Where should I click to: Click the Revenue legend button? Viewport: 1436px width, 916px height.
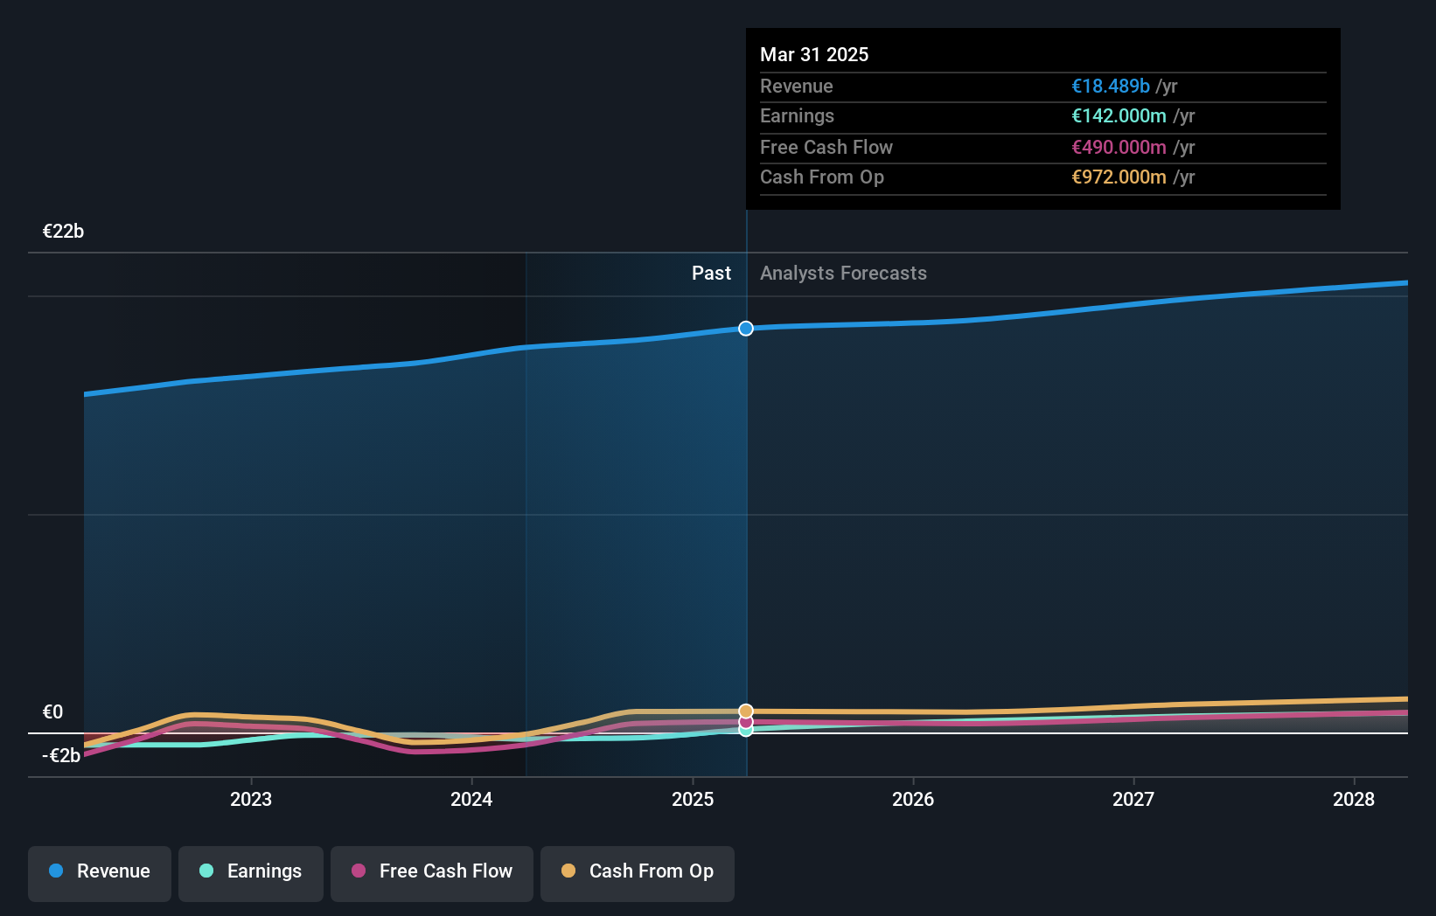(x=100, y=871)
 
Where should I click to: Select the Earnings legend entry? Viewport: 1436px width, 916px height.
(x=251, y=871)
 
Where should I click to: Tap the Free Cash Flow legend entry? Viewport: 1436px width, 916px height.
(x=432, y=871)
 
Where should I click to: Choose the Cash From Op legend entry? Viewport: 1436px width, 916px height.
(x=638, y=871)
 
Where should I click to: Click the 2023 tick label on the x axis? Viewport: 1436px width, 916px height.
(x=251, y=799)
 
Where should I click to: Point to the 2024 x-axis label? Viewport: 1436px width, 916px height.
(x=471, y=799)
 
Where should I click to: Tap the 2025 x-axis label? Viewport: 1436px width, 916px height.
(x=693, y=799)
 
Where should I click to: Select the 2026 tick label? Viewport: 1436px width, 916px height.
(x=913, y=799)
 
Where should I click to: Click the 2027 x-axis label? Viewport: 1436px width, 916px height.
(x=1133, y=799)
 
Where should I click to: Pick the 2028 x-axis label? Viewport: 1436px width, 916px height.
(x=1354, y=799)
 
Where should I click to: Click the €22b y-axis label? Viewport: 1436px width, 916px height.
(x=63, y=232)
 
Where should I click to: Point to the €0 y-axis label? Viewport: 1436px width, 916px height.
(x=52, y=712)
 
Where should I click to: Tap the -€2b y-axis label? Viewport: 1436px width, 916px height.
(x=61, y=756)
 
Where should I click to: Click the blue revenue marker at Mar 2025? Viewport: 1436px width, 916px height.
(x=746, y=329)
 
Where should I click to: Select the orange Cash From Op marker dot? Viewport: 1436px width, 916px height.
(x=746, y=711)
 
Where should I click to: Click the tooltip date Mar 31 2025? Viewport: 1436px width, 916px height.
(x=814, y=55)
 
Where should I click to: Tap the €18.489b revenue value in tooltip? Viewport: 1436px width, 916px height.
(x=1111, y=87)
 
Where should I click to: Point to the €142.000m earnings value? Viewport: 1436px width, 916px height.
(x=1119, y=116)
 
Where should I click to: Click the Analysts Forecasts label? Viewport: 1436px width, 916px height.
(x=843, y=274)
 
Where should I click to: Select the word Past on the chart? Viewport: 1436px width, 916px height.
(x=711, y=274)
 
